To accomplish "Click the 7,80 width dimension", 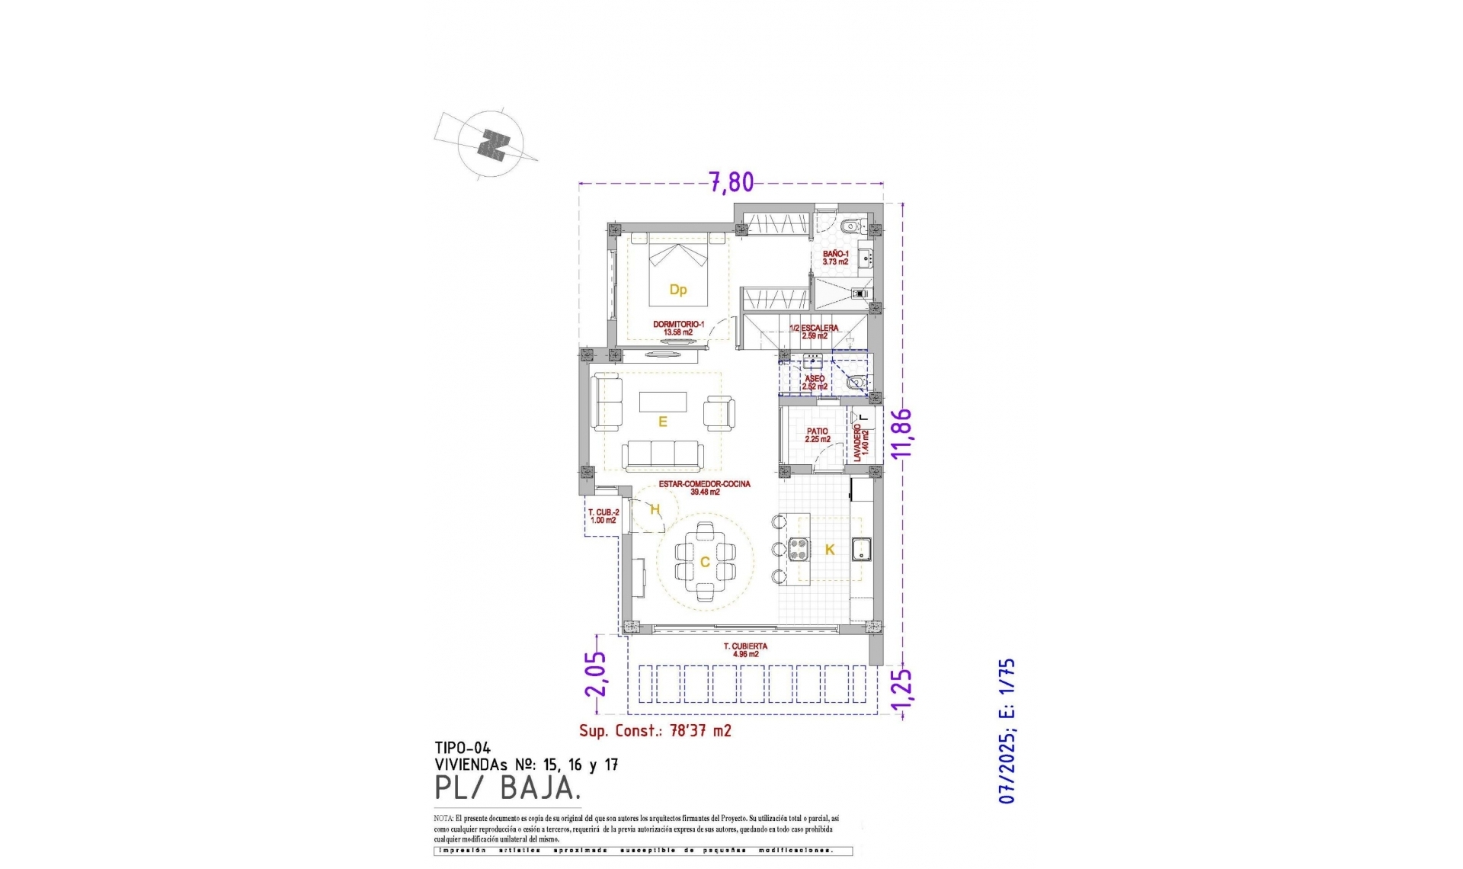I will coord(731,182).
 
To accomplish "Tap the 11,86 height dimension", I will coord(903,433).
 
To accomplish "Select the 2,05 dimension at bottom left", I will coord(597,673).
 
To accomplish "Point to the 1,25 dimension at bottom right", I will coord(903,694).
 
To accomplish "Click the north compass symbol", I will coord(492,143).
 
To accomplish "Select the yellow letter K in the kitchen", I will coord(830,550).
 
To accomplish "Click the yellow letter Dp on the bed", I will coord(677,290).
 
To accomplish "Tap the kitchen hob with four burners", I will coord(799,550).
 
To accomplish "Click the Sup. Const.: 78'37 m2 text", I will coord(655,730).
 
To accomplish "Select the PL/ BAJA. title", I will coord(504,788).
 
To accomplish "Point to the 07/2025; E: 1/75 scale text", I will coord(1007,731).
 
